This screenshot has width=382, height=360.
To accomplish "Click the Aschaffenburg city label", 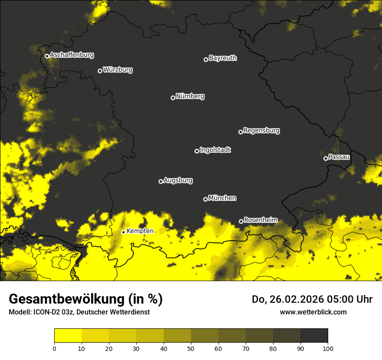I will tap(72, 55).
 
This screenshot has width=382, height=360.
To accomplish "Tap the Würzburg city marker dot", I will tap(100, 71).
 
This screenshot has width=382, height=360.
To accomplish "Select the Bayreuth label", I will tap(223, 58).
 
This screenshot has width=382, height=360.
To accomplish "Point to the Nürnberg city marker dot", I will tap(173, 98).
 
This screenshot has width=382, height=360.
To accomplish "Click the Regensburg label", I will tap(261, 131).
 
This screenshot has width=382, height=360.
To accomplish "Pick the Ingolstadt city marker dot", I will tap(197, 151).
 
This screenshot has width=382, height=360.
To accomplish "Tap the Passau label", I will tap(339, 157).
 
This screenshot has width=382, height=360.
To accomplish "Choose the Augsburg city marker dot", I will tap(161, 181).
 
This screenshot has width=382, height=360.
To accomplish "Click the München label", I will tap(222, 198).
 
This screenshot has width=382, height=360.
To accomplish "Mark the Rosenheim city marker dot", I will tap(241, 221).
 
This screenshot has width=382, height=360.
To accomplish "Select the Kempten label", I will tap(140, 231).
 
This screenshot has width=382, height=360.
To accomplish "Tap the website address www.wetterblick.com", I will tap(313, 312).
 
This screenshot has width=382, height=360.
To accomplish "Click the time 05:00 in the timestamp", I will tap(335, 299).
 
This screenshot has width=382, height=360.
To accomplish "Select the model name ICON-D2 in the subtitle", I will tap(45, 312).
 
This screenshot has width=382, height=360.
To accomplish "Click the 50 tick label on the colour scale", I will tap(191, 348).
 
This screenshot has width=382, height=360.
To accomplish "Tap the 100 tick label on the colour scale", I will tap(328, 348).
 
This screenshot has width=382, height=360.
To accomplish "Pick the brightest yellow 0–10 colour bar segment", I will tap(68, 335).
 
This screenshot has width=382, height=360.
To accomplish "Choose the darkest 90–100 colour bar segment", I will tap(314, 335).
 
